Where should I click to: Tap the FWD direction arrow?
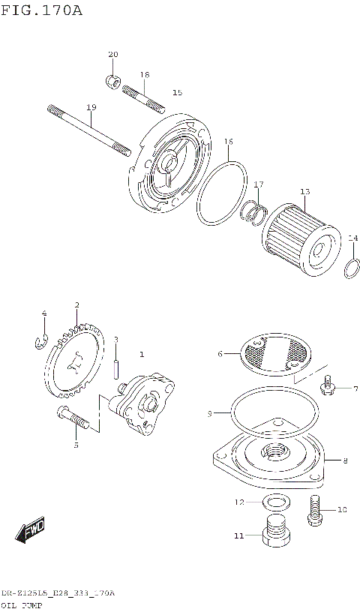(30, 530)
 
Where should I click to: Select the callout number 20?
(113, 54)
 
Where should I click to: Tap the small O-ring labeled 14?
(352, 267)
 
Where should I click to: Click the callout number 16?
(229, 141)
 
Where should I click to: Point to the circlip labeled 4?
(43, 341)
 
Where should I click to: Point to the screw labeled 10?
(314, 510)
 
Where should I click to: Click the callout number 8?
(344, 460)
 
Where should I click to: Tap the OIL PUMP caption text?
(22, 604)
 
